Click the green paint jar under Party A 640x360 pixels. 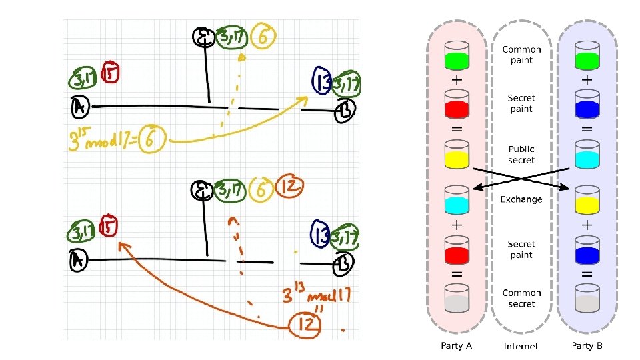click(457, 56)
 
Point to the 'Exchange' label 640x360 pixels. click(521, 199)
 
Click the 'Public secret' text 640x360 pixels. click(521, 155)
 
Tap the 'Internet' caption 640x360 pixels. click(521, 346)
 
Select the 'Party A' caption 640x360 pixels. click(457, 345)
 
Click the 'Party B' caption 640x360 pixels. click(587, 345)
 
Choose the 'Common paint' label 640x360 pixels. click(521, 55)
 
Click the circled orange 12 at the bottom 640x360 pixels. click(305, 325)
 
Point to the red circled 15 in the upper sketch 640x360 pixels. click(109, 73)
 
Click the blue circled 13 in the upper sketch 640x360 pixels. click(321, 80)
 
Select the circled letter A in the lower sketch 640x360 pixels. click(78, 260)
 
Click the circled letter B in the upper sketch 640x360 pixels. click(346, 109)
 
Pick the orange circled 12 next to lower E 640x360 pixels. click(290, 186)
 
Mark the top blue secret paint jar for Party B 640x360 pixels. click(587, 105)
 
